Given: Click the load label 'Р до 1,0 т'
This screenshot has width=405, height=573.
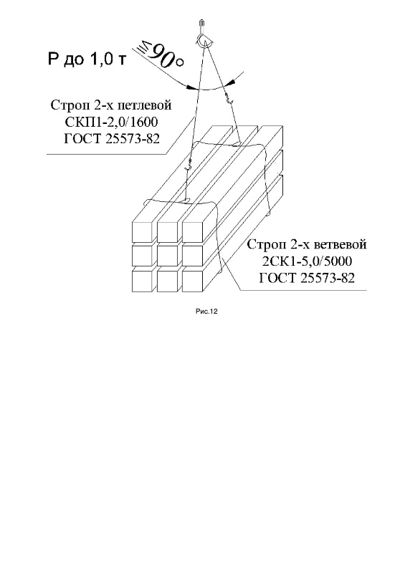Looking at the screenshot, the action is coord(87,59).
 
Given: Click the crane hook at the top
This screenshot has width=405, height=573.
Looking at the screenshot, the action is coord(202,34).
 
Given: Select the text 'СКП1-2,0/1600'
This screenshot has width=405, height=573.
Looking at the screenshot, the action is coord(111,122).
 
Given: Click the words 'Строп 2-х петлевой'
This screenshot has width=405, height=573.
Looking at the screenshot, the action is coord(111,105).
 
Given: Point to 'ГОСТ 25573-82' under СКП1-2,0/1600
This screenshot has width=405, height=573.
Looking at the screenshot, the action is coord(112,139).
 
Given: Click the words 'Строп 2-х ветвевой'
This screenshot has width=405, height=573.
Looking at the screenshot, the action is coord(307,244).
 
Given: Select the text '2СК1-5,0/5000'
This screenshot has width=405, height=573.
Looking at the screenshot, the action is coord(307,261).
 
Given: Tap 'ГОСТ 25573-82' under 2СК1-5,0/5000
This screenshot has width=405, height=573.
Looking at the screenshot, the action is coord(307,278).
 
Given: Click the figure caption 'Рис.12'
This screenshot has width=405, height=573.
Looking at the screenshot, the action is coord(206,312).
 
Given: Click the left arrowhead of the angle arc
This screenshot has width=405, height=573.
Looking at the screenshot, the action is coord(191,87).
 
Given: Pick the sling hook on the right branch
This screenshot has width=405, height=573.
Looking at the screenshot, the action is coord(230,100).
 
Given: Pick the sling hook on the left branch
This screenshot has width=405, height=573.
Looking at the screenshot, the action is coord(189,165).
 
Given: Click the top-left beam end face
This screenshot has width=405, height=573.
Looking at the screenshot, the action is coord(142,232).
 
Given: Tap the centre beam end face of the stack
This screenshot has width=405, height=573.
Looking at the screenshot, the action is coord(167,256).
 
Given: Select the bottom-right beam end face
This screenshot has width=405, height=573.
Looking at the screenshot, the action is coord(192,281).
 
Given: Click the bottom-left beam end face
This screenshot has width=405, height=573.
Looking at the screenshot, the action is coord(142,281).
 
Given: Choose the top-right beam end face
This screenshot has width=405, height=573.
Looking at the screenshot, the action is coord(192,232).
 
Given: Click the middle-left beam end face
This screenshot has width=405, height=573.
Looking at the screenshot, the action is coord(142,256).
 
